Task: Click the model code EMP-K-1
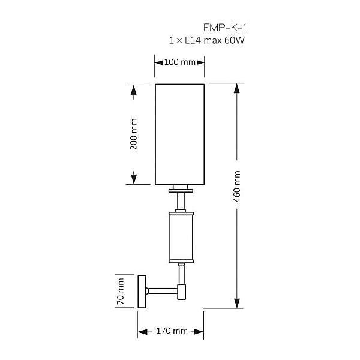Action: click(225, 28)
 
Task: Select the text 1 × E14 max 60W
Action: click(207, 40)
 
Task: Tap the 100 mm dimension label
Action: click(180, 62)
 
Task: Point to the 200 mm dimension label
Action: click(133, 134)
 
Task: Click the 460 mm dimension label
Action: click(237, 187)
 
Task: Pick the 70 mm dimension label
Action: click(121, 292)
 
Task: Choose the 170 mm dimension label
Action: click(172, 331)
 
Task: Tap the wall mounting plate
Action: click(142, 292)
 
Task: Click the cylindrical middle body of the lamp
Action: click(181, 238)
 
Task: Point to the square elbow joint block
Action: click(182, 292)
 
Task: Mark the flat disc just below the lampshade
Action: click(181, 191)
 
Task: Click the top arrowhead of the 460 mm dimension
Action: click(237, 88)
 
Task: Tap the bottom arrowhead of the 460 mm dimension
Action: click(237, 303)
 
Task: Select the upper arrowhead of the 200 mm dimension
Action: click(134, 90)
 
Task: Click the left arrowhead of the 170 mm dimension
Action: click(143, 332)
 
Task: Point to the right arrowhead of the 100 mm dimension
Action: click(200, 62)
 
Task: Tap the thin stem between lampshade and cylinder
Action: click(181, 201)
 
